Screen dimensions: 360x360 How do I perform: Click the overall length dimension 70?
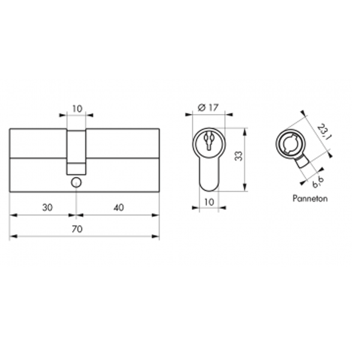coord(77,229)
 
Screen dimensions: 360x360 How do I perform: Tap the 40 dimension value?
coord(118,207)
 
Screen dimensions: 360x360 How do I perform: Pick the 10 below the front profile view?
coord(208,202)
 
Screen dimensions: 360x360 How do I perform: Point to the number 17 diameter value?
coord(212,107)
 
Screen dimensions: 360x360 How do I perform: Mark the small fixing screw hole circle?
coord(76,182)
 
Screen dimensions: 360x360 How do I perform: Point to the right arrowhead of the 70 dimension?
coord(157,236)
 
